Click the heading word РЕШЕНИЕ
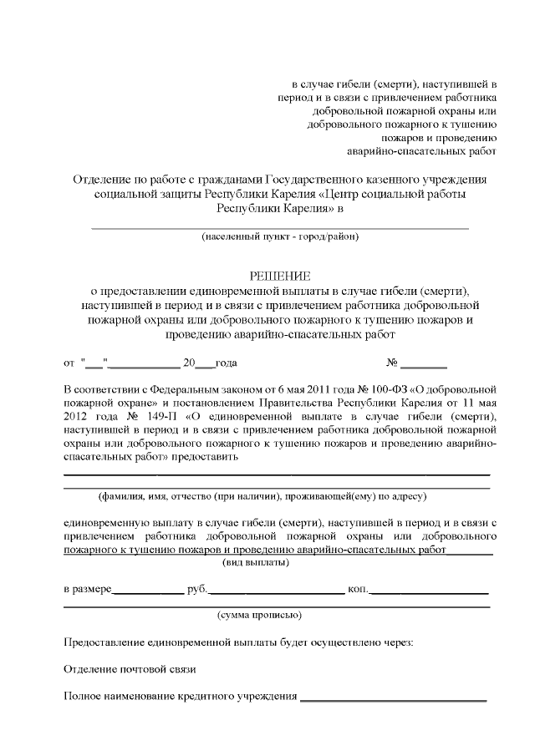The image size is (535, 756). point(279,276)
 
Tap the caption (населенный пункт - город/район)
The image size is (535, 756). point(279,236)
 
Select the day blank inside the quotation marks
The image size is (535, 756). point(94,363)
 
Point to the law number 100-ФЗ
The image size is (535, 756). point(380,389)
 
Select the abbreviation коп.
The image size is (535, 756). point(358,589)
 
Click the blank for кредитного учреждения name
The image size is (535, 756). point(393,697)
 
